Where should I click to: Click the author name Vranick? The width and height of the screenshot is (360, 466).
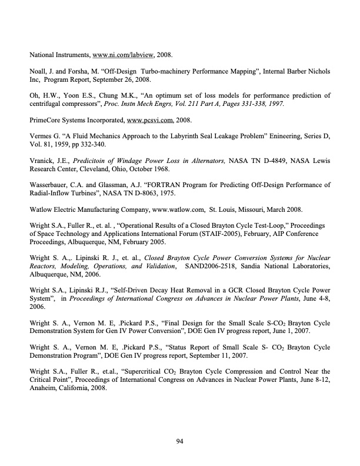(43, 161)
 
